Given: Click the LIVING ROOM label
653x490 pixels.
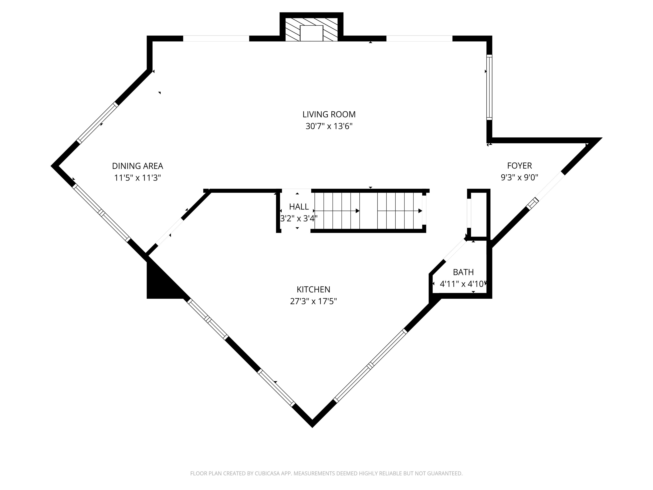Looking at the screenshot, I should (329, 114).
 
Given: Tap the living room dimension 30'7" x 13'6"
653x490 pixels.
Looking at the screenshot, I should (329, 126).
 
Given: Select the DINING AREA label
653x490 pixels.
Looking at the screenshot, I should (137, 166).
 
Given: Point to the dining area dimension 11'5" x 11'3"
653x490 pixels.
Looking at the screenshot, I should (137, 178).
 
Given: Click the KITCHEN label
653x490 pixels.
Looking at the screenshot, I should (313, 289).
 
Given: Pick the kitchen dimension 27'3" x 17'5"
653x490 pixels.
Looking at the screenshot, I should (313, 301).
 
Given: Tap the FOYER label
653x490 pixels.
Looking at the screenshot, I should (519, 165).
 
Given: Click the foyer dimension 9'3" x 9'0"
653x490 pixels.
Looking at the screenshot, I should (519, 178).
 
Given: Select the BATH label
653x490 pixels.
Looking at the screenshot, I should (463, 272).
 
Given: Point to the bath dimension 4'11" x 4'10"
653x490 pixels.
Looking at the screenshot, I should (462, 284).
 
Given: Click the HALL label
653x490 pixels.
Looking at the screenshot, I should (299, 207).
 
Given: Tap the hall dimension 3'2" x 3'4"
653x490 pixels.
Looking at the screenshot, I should (298, 219).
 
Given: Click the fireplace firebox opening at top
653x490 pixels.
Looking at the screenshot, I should (311, 33).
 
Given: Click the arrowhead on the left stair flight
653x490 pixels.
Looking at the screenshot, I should (358, 211).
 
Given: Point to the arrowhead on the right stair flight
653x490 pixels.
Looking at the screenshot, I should (420, 211).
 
